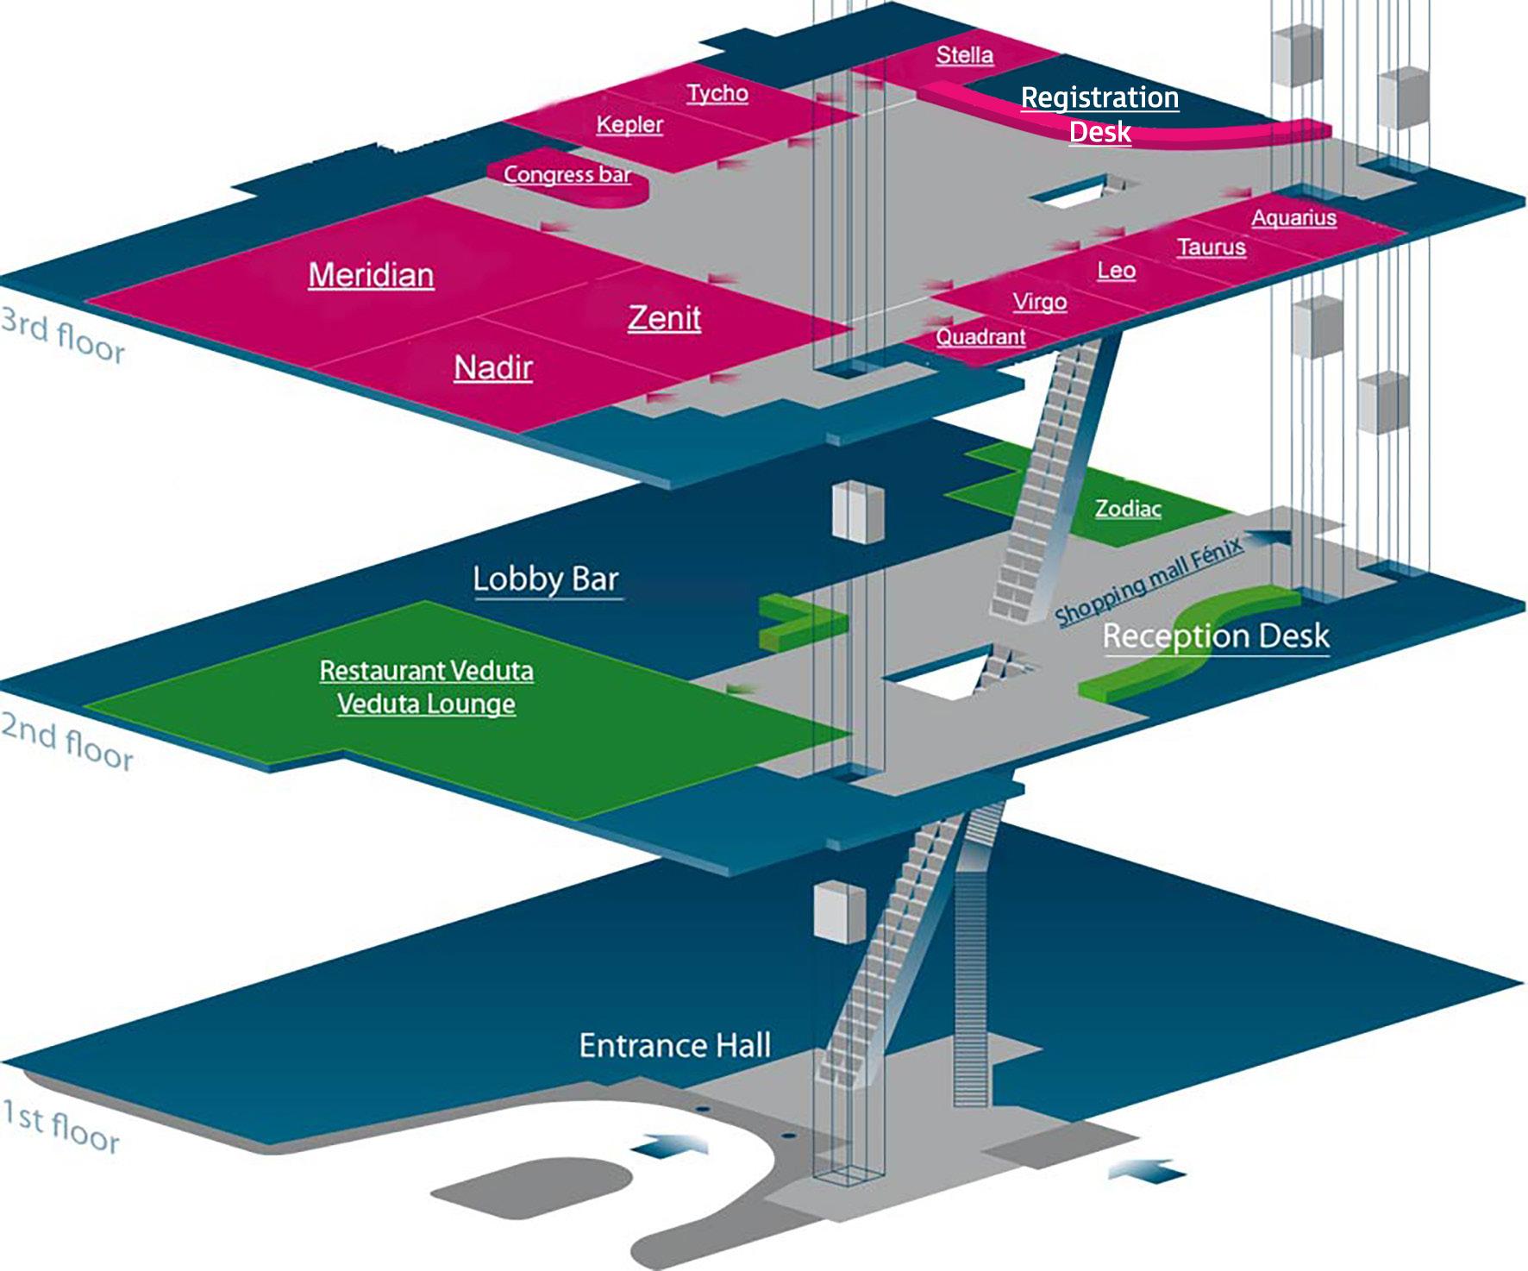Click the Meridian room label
pos(371,275)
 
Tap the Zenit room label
pos(664,318)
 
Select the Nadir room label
pos(493,368)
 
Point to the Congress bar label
pos(567,174)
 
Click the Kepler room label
pos(629,124)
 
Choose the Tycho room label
pos(717,93)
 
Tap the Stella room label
pos(964,55)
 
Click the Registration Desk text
pos(1099,114)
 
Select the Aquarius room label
pos(1293,218)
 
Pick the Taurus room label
pos(1212,247)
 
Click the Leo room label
pos(1116,271)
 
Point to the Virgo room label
pos(1039,303)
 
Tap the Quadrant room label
pos(980,336)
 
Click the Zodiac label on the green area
pos(1128,509)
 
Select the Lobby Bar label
pos(546,579)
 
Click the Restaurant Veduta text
pos(426,671)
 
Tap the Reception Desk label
pos(1216,636)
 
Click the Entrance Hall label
pos(674,1046)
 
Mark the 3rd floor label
pos(63,335)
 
